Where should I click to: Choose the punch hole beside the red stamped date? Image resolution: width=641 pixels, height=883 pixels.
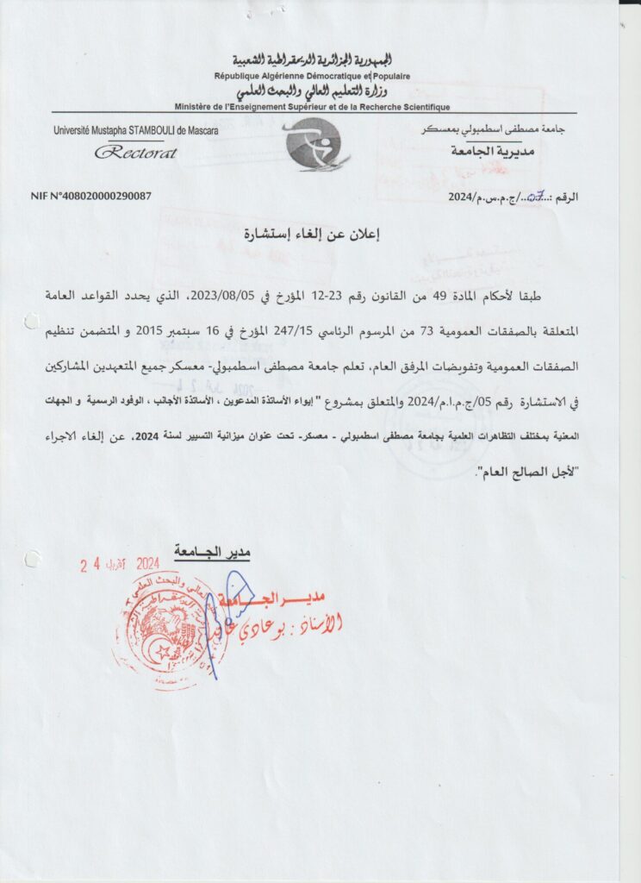pos(33,559)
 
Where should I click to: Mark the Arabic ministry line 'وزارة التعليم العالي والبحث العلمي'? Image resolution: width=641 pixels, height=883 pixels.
pos(313,92)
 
